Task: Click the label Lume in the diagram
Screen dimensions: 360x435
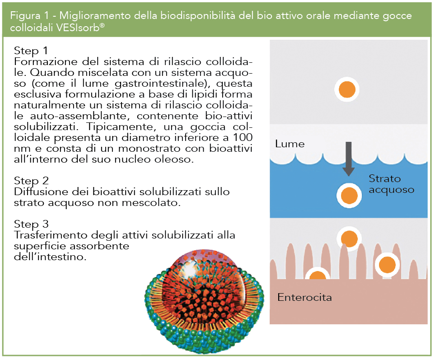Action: (x=290, y=145)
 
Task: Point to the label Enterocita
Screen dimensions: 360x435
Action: (x=304, y=297)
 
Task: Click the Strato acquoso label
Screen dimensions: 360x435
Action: (x=391, y=184)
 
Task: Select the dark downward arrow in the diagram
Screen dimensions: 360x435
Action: (x=348, y=159)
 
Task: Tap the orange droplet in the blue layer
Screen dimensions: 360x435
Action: (x=349, y=196)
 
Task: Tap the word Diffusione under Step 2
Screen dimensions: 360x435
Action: (x=39, y=192)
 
